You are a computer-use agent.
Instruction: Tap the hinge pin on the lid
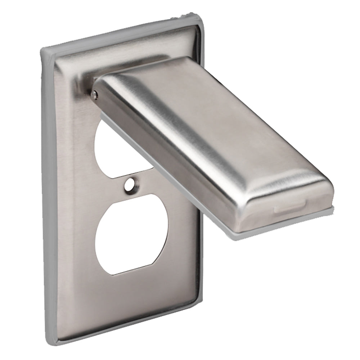(94, 94)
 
